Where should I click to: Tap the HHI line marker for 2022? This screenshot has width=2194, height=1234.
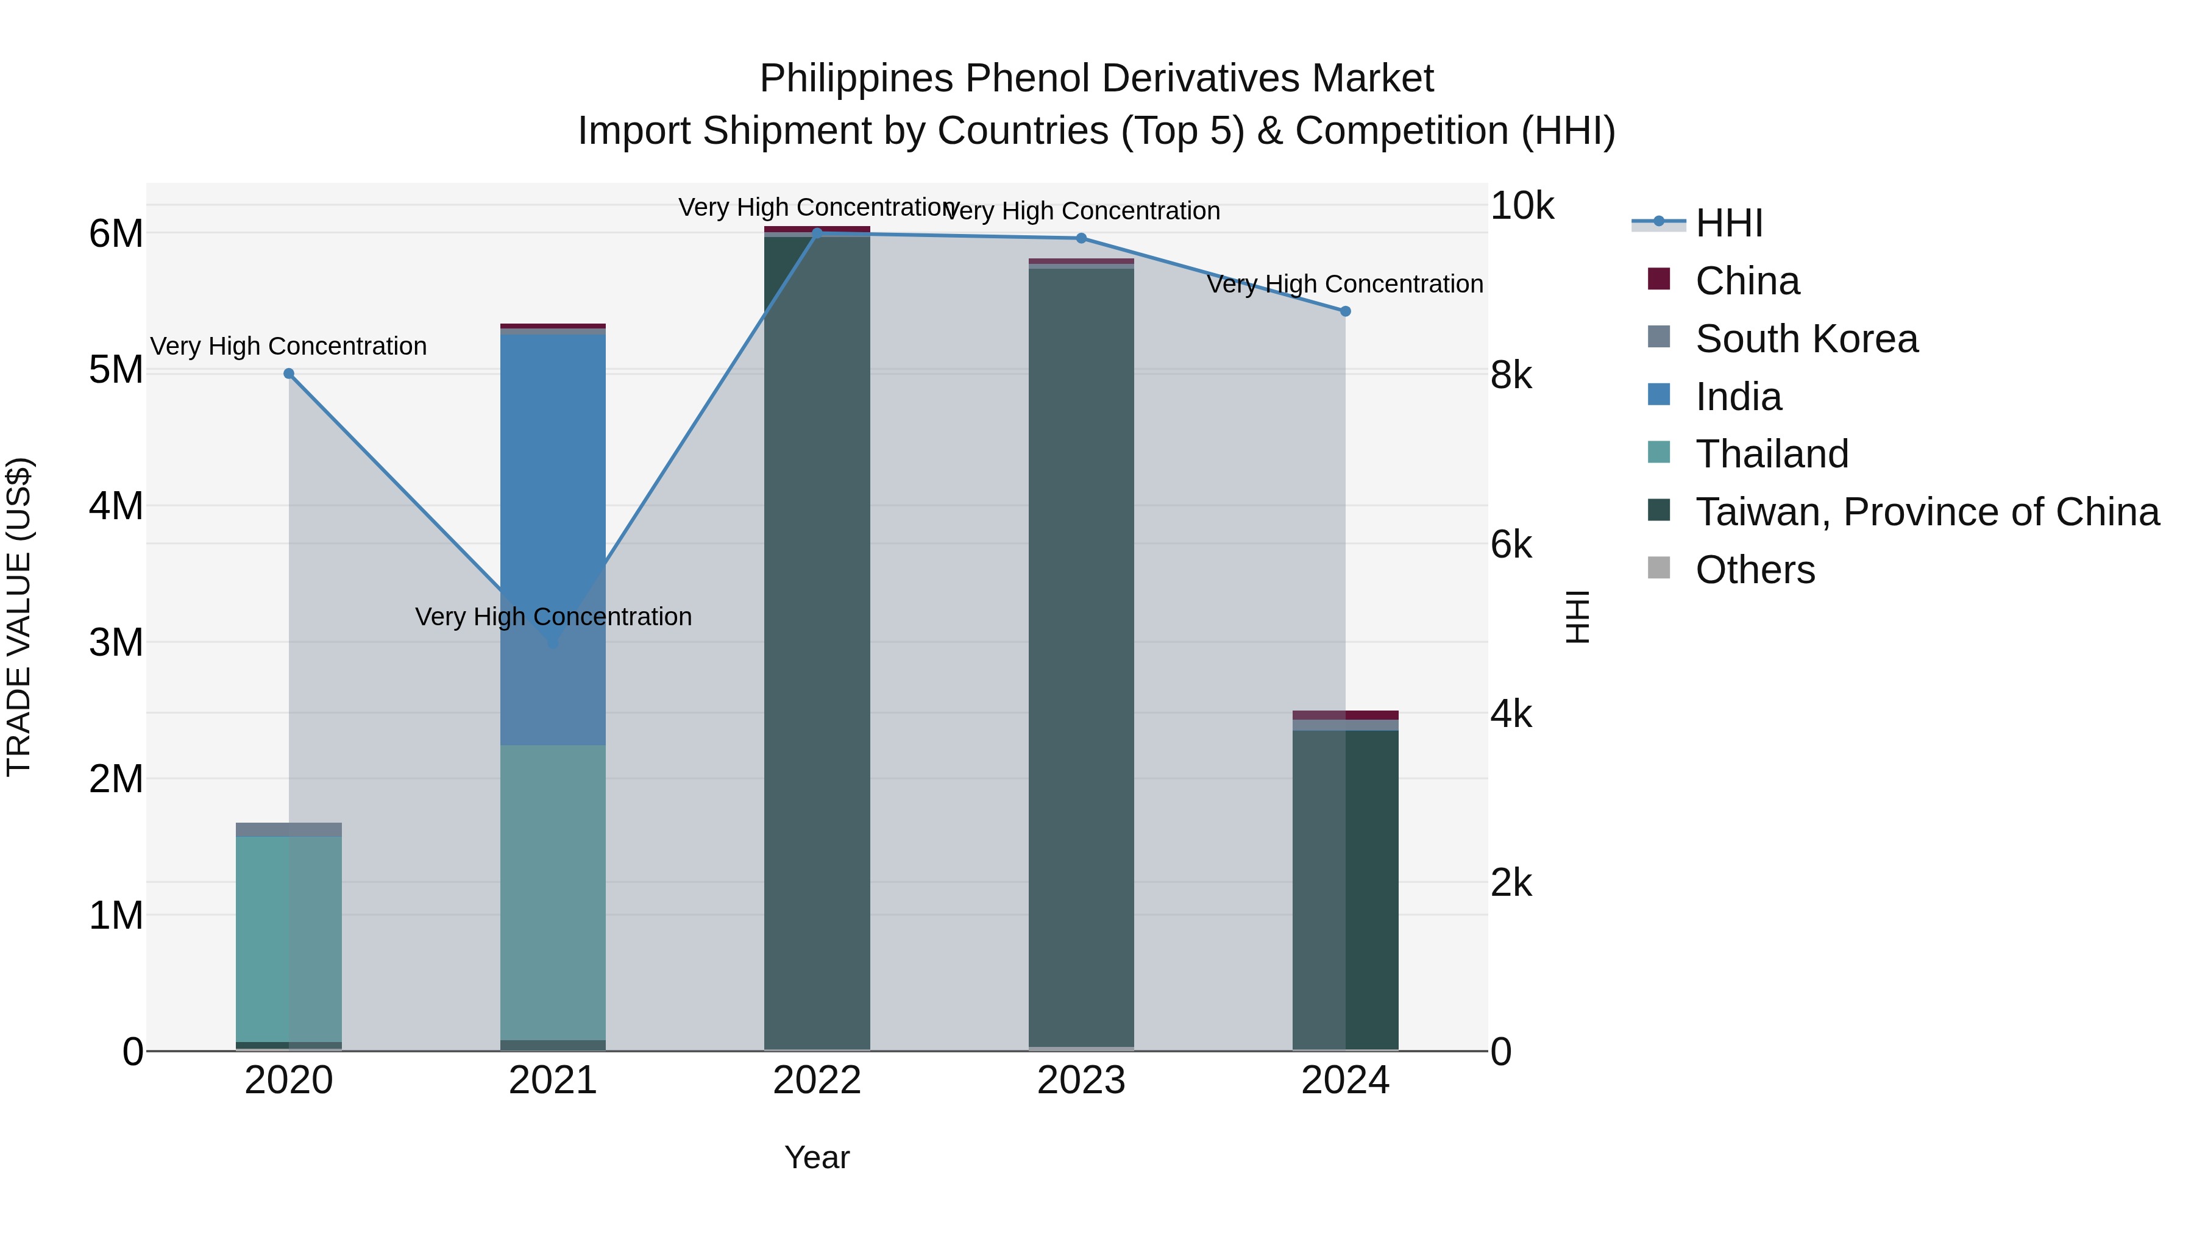tap(817, 233)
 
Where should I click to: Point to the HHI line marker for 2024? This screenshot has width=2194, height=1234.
tap(1346, 311)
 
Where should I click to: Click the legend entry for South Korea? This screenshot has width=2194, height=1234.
tap(1806, 339)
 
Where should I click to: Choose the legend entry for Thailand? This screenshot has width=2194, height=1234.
tap(1772, 454)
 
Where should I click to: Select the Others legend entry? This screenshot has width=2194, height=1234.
tap(1755, 570)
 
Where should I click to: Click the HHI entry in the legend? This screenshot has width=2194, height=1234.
tap(1729, 223)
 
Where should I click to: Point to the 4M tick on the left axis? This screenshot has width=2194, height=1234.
tap(116, 506)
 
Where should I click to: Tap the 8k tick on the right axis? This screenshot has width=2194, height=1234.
tap(1511, 375)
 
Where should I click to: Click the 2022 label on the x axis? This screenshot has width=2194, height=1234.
tap(817, 1080)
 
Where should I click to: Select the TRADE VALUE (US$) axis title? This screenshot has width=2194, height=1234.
tap(19, 617)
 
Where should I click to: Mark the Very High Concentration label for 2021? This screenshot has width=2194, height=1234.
tap(553, 617)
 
